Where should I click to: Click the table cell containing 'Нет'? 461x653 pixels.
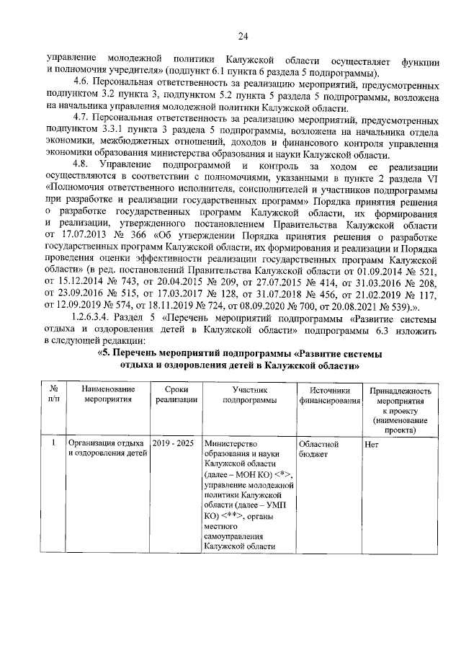(372, 445)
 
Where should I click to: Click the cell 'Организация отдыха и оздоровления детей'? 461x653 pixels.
(107, 450)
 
